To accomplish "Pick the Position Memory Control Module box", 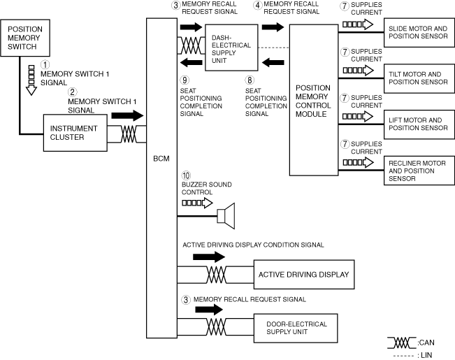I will point(313,99).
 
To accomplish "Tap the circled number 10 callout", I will point(186,175).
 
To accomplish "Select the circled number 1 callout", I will point(45,64).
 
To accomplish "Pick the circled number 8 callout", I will point(250,80).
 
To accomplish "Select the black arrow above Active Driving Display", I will point(209,257).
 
